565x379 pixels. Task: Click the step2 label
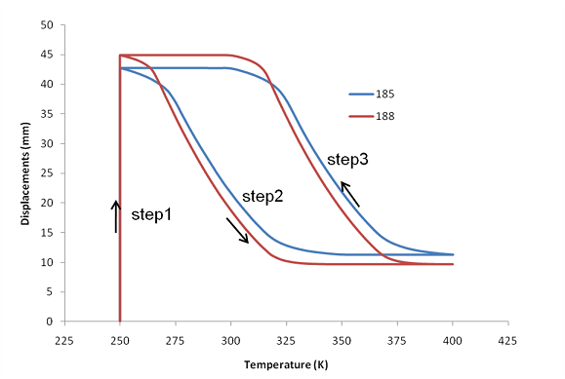click(x=262, y=196)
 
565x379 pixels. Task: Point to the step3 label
click(x=347, y=159)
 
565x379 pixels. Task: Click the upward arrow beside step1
click(x=116, y=215)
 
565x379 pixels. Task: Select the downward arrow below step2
click(x=237, y=231)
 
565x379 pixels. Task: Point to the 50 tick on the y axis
click(x=46, y=24)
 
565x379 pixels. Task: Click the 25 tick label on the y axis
click(x=46, y=173)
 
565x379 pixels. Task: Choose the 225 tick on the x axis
click(x=64, y=342)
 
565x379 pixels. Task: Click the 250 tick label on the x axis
click(x=120, y=342)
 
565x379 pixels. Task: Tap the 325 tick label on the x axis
click(x=287, y=342)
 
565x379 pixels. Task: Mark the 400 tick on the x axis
click(x=453, y=342)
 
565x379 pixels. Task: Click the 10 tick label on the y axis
click(x=46, y=262)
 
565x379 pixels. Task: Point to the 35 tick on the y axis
click(x=46, y=114)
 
